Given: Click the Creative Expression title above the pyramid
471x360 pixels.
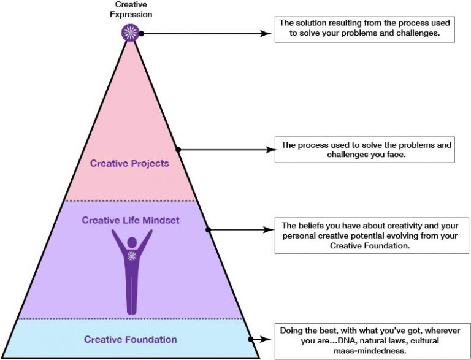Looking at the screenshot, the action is pos(131,10).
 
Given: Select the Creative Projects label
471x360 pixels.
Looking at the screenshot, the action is pos(129,163).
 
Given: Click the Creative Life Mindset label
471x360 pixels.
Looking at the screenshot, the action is pos(131,220).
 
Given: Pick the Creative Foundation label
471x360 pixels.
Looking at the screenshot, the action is pos(131,339).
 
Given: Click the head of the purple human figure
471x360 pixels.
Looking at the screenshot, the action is pos(131,237).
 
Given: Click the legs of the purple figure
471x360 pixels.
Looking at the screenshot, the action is pos(131,294).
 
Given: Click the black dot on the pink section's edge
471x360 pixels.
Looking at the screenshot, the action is pos(178,149).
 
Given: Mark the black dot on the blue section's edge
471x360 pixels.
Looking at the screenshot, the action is pos(250,338).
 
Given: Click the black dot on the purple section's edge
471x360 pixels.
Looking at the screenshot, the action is pos(208,230).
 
